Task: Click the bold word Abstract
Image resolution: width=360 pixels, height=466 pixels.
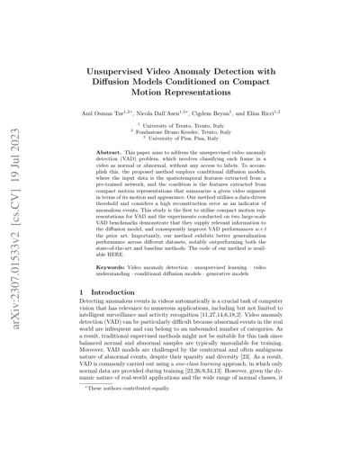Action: pyautogui.click(x=122, y=156)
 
